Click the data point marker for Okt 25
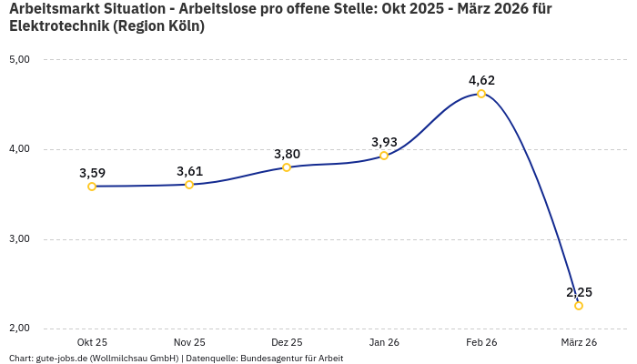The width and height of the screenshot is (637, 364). coord(92,187)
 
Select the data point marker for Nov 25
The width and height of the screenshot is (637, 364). coord(189,185)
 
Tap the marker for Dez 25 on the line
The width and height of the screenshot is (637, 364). coord(287,167)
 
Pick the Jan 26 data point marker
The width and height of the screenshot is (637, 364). coord(384,156)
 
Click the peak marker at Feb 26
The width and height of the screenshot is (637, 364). coord(481,94)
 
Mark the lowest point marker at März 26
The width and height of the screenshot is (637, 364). coord(579,306)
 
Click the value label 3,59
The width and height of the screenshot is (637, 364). coord(92,173)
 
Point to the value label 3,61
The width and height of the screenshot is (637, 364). coord(189,171)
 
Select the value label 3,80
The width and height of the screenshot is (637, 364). coord(287,154)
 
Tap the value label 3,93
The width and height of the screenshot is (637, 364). coord(384,142)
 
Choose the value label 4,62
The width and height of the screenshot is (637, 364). coord(481,80)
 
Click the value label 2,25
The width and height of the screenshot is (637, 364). coord(579,292)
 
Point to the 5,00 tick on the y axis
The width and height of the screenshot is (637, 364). coord(19,60)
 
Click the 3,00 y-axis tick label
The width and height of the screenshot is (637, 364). coord(19,239)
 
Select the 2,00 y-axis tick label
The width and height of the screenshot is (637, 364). coord(19,329)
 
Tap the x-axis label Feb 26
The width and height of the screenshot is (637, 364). coord(481,342)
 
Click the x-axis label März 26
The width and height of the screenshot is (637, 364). coord(579,342)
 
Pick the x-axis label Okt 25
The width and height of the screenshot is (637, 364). coord(92,342)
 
